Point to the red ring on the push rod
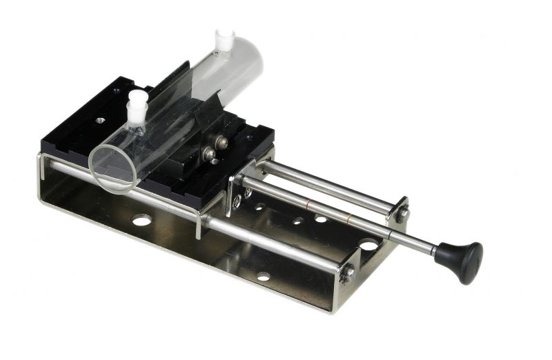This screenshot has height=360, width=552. pyautogui.click(x=311, y=204)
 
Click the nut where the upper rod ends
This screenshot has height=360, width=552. pyautogui.click(x=402, y=214)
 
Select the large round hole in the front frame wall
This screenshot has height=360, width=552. pyautogui.click(x=141, y=221)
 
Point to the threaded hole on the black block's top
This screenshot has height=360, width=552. pyautogui.click(x=101, y=119)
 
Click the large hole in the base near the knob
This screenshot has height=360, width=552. pyautogui.click(x=369, y=245)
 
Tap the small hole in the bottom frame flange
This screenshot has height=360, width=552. pyautogui.click(x=263, y=277)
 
